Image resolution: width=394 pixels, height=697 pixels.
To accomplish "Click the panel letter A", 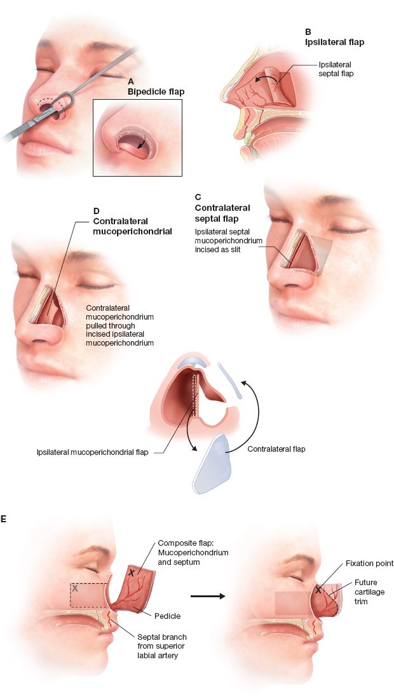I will coord(131,81).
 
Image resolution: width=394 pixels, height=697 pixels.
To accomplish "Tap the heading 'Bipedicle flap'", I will coord(156,91).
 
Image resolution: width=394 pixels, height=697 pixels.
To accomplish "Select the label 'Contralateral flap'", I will coord(276,449).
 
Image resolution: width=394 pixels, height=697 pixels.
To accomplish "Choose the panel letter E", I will coord(4,520).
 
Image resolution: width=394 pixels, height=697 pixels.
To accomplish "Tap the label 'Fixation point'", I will coord(369,564).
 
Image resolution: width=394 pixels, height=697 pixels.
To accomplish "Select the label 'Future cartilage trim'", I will coord(365,592).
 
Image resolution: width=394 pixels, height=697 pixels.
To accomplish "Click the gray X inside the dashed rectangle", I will coord(75,589).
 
